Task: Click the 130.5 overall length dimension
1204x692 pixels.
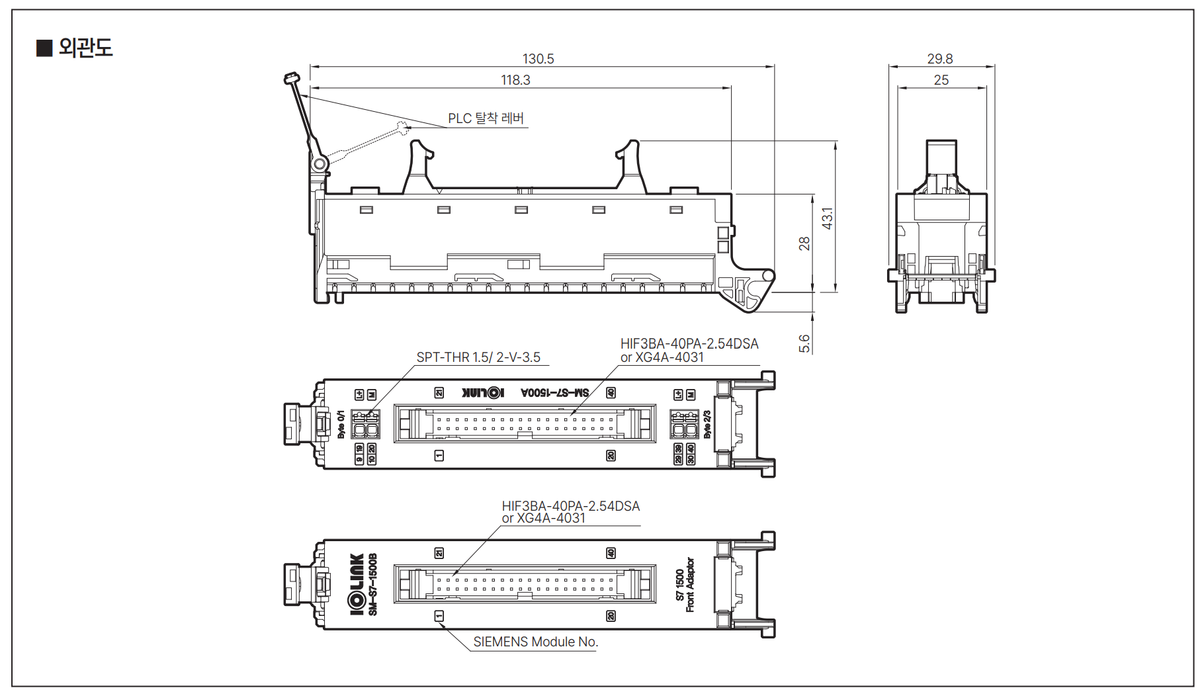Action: (538, 59)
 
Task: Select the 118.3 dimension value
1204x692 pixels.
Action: (515, 80)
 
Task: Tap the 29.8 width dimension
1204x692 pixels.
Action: (939, 59)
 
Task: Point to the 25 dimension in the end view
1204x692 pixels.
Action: (941, 80)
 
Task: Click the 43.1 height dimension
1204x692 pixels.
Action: (827, 218)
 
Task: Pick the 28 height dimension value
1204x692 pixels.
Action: (804, 243)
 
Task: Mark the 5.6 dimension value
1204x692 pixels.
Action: (804, 343)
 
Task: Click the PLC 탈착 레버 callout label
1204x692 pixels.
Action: (486, 118)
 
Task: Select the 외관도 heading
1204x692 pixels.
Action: (85, 48)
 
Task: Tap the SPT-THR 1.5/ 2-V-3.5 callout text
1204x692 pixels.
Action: (478, 357)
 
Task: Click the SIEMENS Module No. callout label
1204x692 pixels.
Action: (535, 642)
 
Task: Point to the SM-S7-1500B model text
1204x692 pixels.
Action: (372, 584)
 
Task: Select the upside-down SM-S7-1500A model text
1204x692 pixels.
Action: (554, 393)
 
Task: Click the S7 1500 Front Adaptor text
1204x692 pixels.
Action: (685, 584)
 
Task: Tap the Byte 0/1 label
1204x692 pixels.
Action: (341, 423)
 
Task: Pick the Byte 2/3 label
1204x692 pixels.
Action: (707, 424)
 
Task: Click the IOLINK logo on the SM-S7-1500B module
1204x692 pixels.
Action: (357, 584)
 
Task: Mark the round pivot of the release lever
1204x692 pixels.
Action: (320, 163)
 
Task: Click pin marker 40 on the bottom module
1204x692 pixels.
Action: (611, 553)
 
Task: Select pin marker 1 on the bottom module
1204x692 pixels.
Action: (439, 616)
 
